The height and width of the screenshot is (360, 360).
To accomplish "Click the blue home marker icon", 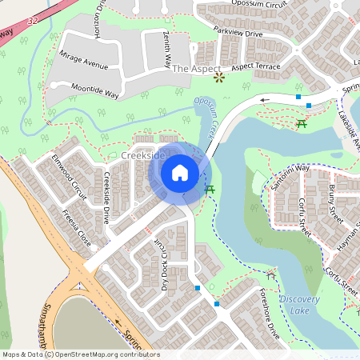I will pos(180,173).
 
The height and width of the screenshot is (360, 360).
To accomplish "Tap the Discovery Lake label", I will pos(300,305).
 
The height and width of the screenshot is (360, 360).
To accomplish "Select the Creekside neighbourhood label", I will pos(144,154).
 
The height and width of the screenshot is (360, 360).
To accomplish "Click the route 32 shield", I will pos(30,17).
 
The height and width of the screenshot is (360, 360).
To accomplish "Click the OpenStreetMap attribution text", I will pos(81,354).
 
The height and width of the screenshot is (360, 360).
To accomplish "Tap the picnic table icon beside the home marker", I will pos(210,189).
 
